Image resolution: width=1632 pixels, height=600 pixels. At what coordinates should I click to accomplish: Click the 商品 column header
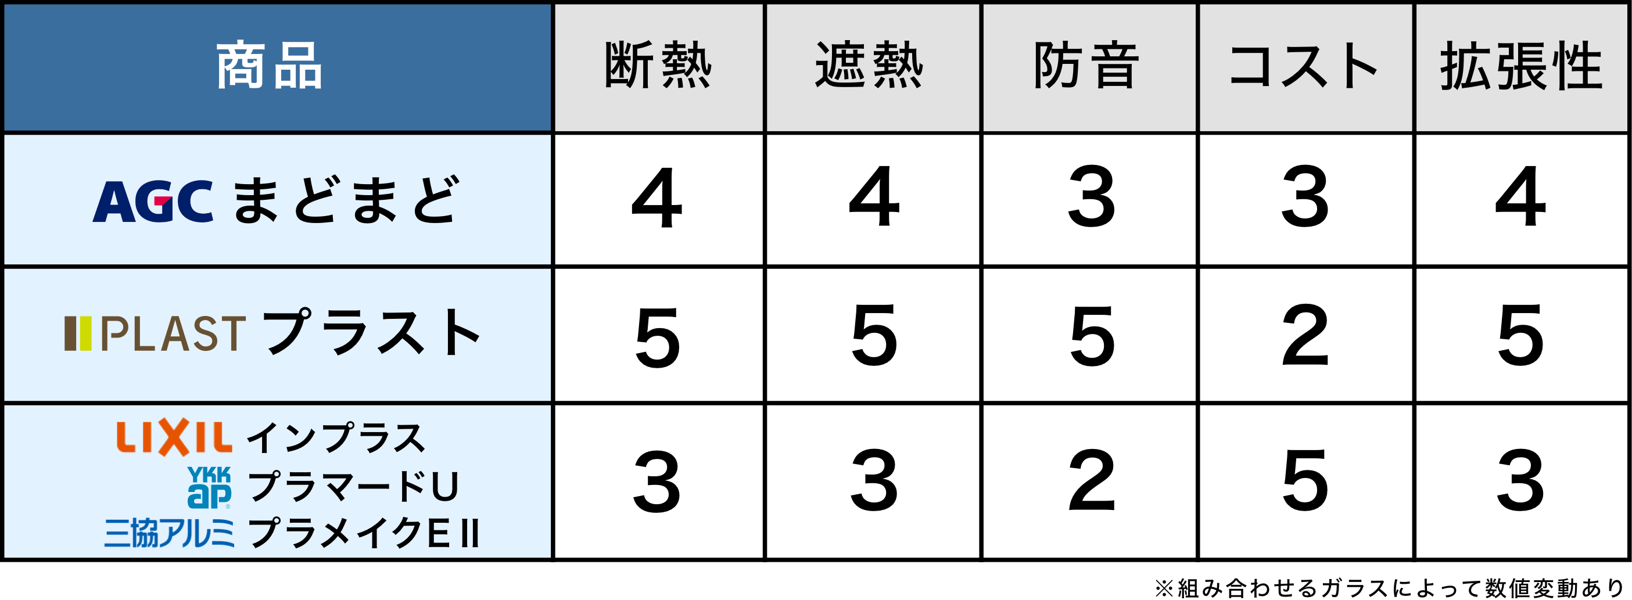pyautogui.click(x=269, y=65)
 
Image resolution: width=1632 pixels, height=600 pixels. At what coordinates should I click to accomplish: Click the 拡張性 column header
pyautogui.click(x=1521, y=65)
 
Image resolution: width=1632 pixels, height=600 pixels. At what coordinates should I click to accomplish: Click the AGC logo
pyautogui.click(x=153, y=201)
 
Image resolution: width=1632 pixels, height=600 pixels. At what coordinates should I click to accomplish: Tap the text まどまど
pyautogui.click(x=345, y=200)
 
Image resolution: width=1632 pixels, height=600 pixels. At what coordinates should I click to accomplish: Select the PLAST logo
pyautogui.click(x=155, y=333)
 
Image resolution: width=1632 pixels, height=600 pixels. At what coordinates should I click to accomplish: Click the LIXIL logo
pyautogui.click(x=174, y=437)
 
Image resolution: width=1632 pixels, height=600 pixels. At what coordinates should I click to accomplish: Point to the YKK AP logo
pyautogui.click(x=209, y=487)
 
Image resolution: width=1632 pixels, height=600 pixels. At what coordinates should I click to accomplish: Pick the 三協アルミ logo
pyautogui.click(x=169, y=533)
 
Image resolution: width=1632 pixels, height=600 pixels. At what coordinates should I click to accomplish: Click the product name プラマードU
pyautogui.click(x=353, y=487)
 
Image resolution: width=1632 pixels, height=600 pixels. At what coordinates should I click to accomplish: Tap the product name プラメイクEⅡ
pyautogui.click(x=364, y=533)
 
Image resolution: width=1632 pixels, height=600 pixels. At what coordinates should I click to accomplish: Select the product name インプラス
pyautogui.click(x=336, y=438)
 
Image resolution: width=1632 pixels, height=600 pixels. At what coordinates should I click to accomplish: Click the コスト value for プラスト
pyautogui.click(x=1304, y=335)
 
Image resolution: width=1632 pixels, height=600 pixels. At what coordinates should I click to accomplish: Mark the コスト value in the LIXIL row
pyautogui.click(x=1304, y=480)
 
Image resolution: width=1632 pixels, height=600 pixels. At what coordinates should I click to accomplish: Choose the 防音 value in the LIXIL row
pyautogui.click(x=1091, y=480)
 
